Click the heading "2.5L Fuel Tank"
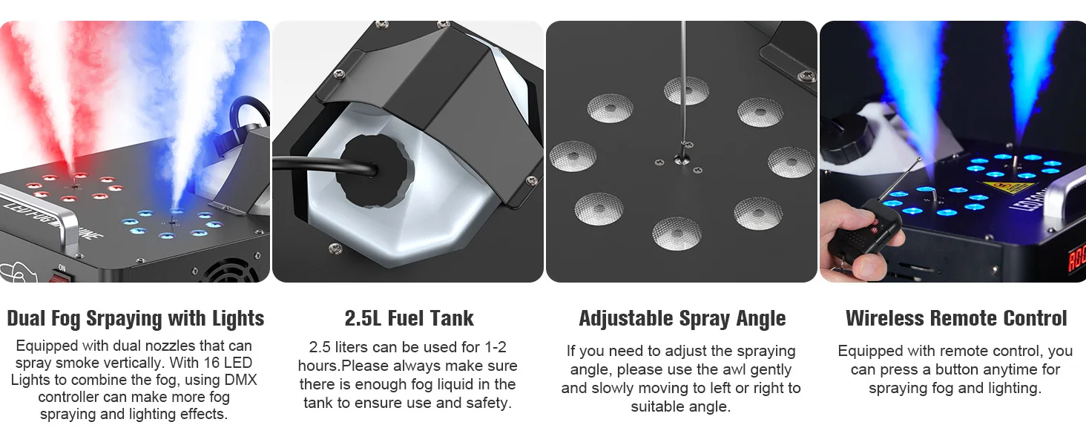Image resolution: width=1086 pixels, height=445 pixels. tap(409, 318)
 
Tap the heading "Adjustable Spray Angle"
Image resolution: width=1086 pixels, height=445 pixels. tap(682, 318)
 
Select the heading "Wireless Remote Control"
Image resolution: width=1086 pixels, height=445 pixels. tap(956, 318)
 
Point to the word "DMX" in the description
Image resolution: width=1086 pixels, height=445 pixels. tap(241, 380)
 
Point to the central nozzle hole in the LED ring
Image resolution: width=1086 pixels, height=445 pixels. tap(682, 159)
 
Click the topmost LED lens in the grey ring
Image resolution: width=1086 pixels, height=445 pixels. tap(686, 90)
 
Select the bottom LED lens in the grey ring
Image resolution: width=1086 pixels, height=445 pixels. tap(677, 233)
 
